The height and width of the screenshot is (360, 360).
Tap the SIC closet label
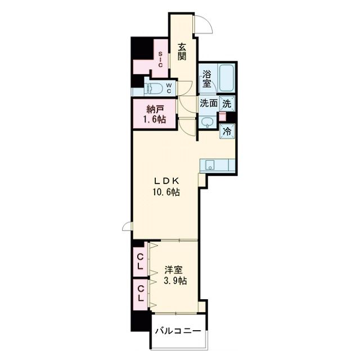[x=160, y=60]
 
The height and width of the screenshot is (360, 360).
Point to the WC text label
[x=176, y=88]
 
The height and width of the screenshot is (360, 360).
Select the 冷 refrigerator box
[x=227, y=131]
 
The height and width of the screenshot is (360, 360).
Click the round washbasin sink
[x=208, y=122]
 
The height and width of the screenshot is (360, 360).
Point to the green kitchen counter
[x=216, y=165]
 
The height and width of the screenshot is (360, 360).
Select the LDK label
[x=166, y=181]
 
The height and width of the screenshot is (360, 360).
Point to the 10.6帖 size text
[x=166, y=192]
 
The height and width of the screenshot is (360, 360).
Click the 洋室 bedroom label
[x=174, y=269]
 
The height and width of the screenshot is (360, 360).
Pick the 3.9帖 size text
[x=174, y=281]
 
